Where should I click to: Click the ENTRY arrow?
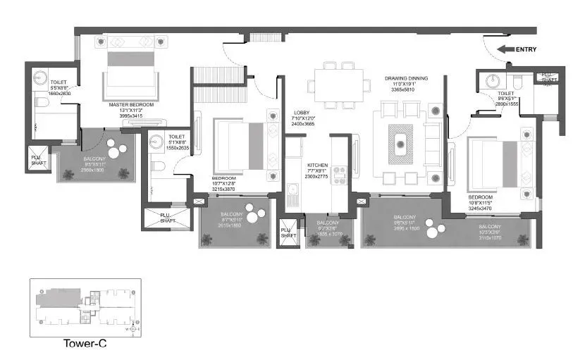coord(506,49)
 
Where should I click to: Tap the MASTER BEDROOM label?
coord(132,104)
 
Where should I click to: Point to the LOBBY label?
coord(302,113)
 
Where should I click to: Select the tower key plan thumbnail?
coord(85,308)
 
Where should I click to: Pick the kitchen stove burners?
coord(338,174)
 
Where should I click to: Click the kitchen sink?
coord(292,190)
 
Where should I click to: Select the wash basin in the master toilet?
coord(39,76)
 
